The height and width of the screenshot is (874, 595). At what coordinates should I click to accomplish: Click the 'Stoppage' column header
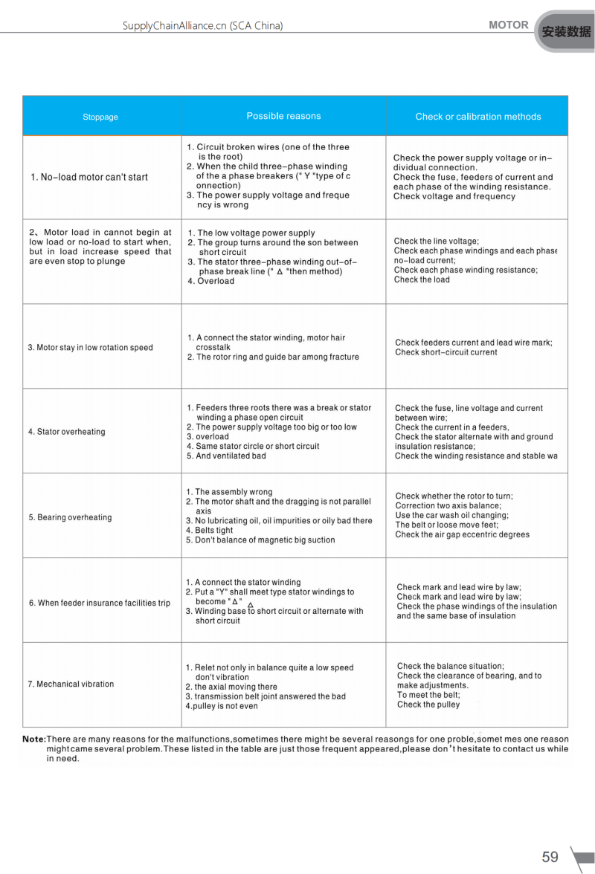click(100, 117)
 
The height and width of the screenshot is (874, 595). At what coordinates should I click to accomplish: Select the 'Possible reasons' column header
click(283, 116)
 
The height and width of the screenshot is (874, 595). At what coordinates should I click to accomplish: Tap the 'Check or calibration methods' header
click(477, 117)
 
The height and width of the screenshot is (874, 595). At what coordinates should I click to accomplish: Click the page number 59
click(550, 857)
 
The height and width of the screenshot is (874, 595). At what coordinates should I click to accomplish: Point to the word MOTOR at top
click(509, 25)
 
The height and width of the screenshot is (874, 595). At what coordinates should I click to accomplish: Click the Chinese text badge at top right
click(566, 31)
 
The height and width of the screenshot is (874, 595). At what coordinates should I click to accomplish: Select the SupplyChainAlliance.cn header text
click(202, 26)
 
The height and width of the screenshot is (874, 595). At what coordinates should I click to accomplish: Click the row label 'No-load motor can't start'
click(89, 177)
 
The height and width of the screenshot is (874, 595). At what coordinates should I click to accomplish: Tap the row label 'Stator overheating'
click(67, 432)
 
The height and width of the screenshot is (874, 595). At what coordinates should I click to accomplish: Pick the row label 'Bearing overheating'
click(70, 517)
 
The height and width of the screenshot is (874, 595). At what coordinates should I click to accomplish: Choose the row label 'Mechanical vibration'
click(71, 684)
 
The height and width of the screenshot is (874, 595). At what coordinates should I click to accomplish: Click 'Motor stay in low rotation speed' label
click(90, 348)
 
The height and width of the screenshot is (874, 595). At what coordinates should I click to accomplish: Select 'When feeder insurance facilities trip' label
click(100, 603)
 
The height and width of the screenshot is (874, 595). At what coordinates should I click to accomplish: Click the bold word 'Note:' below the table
click(34, 739)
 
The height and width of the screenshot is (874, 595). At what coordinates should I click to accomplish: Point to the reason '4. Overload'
click(211, 282)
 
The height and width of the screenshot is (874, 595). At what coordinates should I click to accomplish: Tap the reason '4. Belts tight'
click(210, 531)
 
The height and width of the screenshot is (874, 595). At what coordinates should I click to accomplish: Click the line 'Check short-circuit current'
click(446, 352)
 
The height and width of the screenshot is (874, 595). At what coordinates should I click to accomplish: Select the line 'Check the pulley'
click(428, 705)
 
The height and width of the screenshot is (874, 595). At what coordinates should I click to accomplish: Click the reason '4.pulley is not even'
click(222, 706)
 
